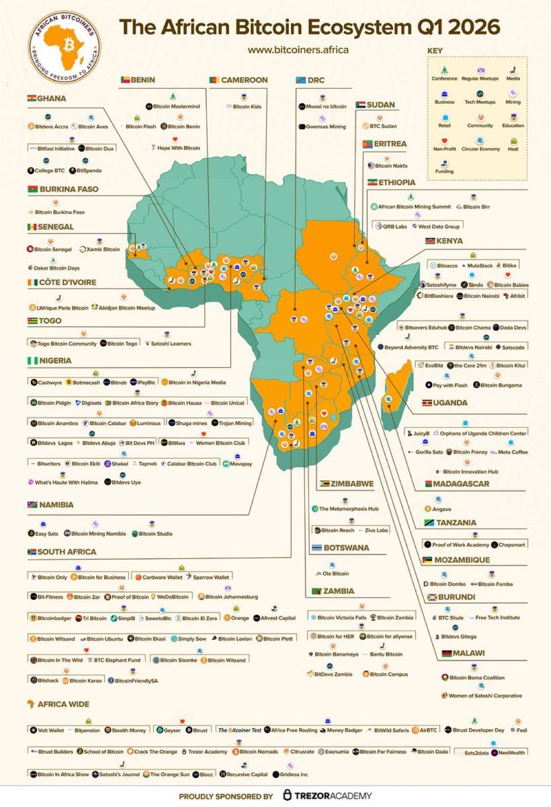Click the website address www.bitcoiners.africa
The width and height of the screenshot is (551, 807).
click(x=298, y=50)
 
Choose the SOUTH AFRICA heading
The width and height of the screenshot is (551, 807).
click(x=67, y=551)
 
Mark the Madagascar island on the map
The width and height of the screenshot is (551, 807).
click(x=394, y=393)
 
